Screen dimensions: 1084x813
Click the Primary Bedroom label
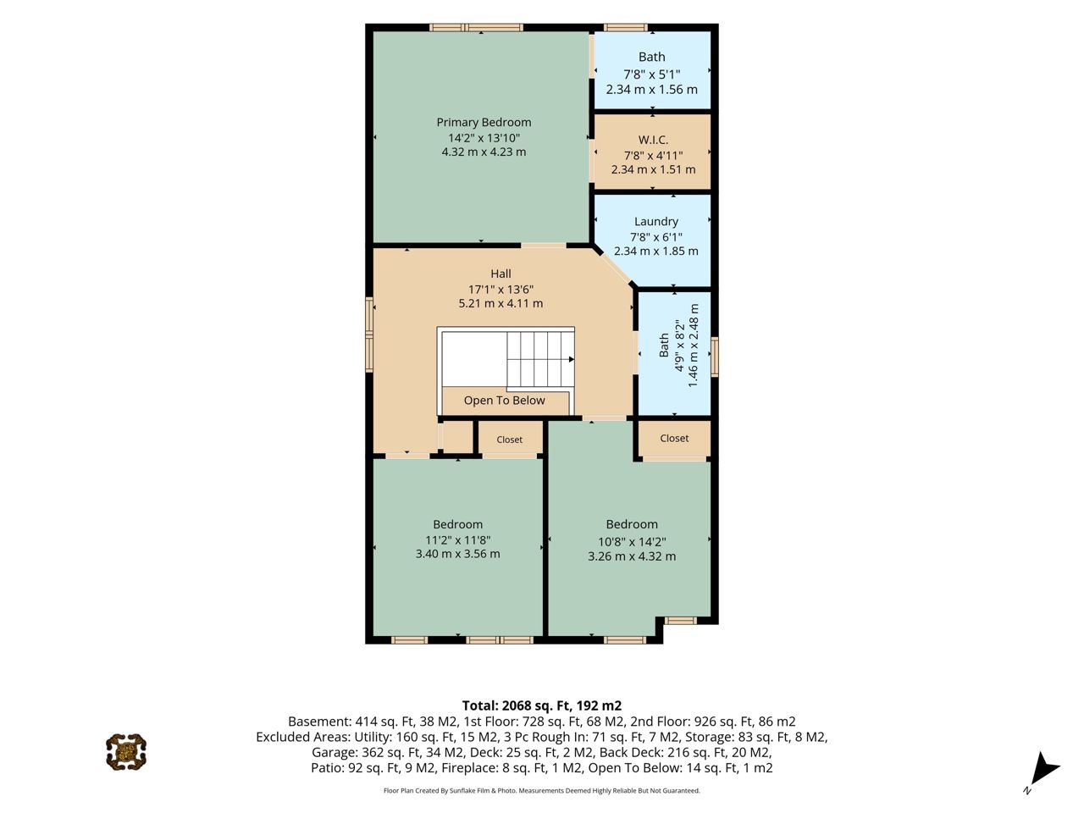click(x=484, y=122)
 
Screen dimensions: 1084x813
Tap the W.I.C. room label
click(x=653, y=141)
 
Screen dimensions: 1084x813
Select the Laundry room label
click(x=655, y=222)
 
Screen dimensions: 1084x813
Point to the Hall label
click(x=501, y=274)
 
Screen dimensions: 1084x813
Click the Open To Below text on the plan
click(x=504, y=401)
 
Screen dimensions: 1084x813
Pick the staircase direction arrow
click(x=572, y=359)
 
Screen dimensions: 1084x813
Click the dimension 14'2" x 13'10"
click(x=484, y=138)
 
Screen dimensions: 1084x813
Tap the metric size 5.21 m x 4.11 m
click(x=501, y=303)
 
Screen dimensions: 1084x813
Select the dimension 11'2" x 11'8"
click(x=458, y=540)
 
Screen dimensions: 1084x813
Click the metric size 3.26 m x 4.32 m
click(x=632, y=556)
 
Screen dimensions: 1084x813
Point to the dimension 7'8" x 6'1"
click(x=655, y=237)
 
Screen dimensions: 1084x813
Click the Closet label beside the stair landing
click(x=509, y=440)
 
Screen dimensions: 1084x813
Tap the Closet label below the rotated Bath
click(x=674, y=438)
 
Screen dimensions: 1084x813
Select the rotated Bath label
click(x=664, y=345)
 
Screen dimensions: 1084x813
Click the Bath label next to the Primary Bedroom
click(x=651, y=57)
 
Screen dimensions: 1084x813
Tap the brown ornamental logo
click(x=126, y=752)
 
